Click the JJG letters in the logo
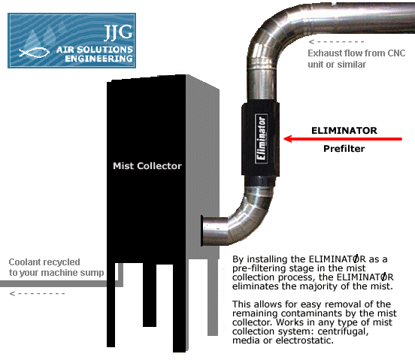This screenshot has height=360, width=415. [118, 32]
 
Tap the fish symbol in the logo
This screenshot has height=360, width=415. [34, 52]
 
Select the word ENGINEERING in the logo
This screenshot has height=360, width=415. [98, 59]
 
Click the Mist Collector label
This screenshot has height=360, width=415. [147, 166]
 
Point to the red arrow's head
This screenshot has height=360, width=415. [288, 138]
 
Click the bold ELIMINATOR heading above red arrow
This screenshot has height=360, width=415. [344, 131]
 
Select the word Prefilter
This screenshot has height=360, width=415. [344, 148]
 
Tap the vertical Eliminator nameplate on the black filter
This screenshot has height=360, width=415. [261, 138]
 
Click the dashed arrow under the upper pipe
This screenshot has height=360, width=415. [336, 41]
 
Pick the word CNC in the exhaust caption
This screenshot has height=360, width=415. [396, 53]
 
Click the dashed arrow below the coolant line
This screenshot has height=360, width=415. [37, 293]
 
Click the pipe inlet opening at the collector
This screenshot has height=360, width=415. [203, 231]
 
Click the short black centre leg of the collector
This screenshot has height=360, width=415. [150, 295]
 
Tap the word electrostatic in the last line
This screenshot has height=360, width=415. [304, 340]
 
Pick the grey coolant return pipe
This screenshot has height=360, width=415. [62, 283]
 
